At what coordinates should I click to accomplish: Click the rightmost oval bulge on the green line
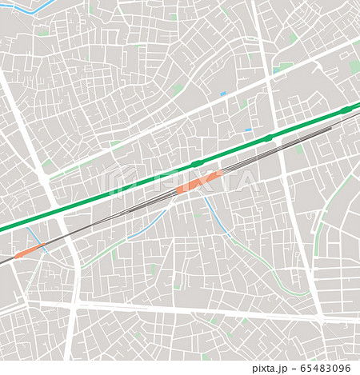coord(346,110)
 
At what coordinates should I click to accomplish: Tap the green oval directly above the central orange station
coord(196,164)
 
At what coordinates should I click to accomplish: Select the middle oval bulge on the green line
coord(268,138)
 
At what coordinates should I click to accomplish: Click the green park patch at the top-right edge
coord(354,67)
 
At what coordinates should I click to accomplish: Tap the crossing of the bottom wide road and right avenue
coord(320,317)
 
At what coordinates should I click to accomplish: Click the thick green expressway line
coord(120,190)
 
